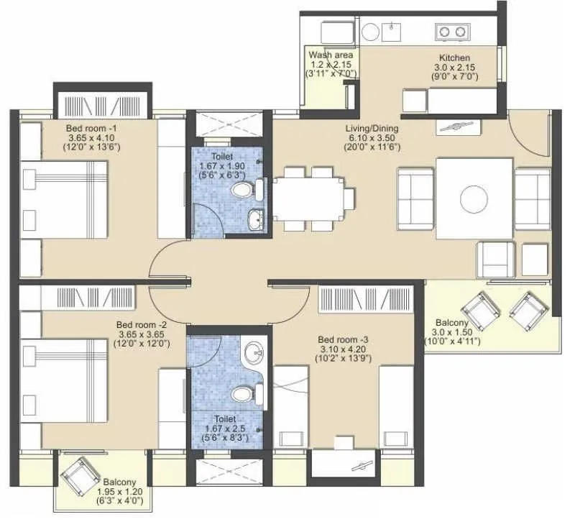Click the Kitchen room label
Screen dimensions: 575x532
(x=455, y=58)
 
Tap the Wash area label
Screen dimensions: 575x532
(x=330, y=55)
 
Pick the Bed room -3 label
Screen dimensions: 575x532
(x=344, y=339)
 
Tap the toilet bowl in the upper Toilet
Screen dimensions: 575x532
(x=244, y=191)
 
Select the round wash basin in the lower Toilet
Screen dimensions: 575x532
(x=253, y=354)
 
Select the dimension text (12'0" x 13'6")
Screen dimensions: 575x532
(x=93, y=148)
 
